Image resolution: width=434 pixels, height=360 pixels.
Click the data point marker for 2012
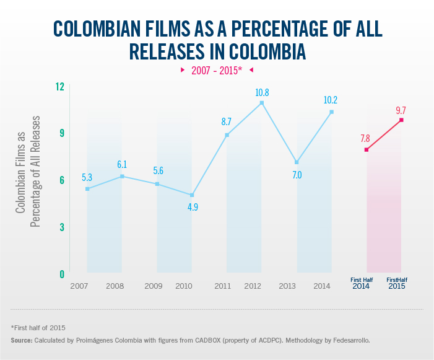pos(262,103)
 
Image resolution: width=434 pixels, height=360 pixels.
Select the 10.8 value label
pos(262,92)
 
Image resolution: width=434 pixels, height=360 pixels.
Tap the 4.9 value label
pos(192,207)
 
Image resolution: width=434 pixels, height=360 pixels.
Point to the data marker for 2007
pos(87,188)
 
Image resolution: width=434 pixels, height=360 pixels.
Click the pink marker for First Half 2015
pos(401,120)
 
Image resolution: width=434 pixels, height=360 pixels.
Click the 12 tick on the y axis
pos(60,86)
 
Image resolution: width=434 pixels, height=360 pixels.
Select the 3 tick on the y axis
pos(62,227)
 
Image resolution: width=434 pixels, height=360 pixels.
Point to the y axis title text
pos(28,180)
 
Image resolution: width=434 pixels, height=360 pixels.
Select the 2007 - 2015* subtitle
pos(217,70)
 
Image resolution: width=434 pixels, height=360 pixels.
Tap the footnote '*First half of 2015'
pos(38,327)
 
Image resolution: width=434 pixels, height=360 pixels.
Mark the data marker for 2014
pos(332,112)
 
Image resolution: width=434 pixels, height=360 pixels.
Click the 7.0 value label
pos(297,175)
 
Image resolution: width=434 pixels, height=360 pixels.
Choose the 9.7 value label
pos(401,110)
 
